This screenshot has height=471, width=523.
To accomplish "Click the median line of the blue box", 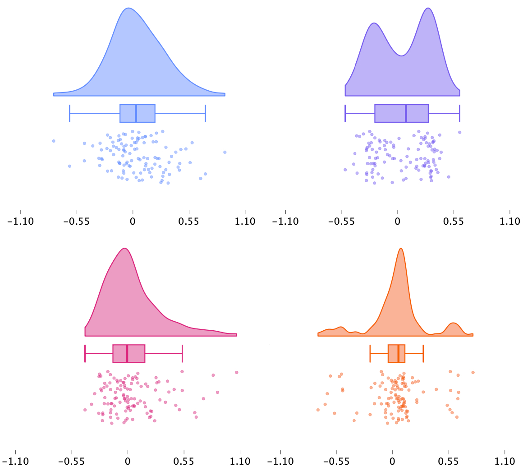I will click(136, 113).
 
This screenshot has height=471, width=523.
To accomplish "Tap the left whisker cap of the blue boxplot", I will click(70, 113).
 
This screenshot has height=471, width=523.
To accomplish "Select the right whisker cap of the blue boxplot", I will click(205, 113).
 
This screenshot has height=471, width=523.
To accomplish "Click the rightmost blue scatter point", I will click(225, 152).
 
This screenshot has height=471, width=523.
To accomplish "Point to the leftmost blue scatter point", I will click(54, 141).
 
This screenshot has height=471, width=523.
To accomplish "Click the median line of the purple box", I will click(406, 113).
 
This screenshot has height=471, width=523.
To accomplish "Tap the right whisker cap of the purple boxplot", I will click(459, 113).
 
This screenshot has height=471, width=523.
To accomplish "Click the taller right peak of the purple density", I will click(428, 9).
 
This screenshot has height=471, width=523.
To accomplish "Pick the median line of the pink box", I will click(127, 353).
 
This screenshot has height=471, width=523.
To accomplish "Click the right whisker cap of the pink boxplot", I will click(182, 353).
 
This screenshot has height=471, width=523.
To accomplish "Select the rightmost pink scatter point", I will click(236, 372).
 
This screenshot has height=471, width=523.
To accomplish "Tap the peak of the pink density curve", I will click(124, 249).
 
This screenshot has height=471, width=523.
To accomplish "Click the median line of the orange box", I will click(399, 353).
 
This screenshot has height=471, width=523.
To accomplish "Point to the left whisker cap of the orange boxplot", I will click(370, 353).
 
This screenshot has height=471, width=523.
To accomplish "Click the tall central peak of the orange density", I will click(400, 249).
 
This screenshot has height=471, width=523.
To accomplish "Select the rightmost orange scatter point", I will click(473, 372).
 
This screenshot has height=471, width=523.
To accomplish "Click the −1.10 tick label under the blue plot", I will click(20, 222).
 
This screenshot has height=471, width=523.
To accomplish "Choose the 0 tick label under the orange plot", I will click(392, 462).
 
